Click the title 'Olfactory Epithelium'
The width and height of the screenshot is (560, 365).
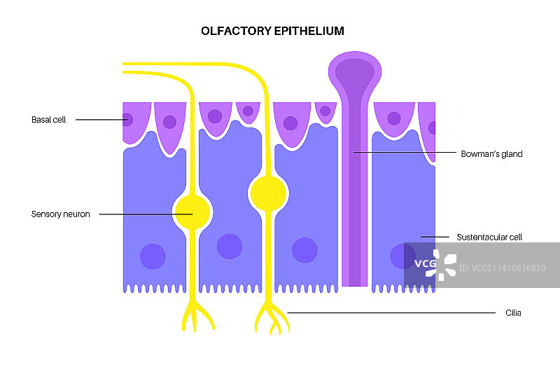[272, 31]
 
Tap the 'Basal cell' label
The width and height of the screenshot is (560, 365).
[49, 120]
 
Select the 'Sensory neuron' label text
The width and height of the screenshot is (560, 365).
[61, 214]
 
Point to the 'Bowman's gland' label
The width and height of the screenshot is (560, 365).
[491, 154]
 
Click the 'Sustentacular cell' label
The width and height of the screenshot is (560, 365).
[489, 237]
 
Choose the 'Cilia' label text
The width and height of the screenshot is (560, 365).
[513, 312]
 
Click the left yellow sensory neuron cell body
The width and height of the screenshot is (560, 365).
[192, 212]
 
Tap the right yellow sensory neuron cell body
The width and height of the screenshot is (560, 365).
[268, 193]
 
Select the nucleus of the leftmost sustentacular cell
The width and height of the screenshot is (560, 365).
[152, 256]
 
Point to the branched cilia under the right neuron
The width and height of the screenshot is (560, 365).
[272, 317]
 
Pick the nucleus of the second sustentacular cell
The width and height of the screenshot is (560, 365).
[229, 247]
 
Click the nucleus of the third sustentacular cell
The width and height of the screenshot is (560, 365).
[304, 250]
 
